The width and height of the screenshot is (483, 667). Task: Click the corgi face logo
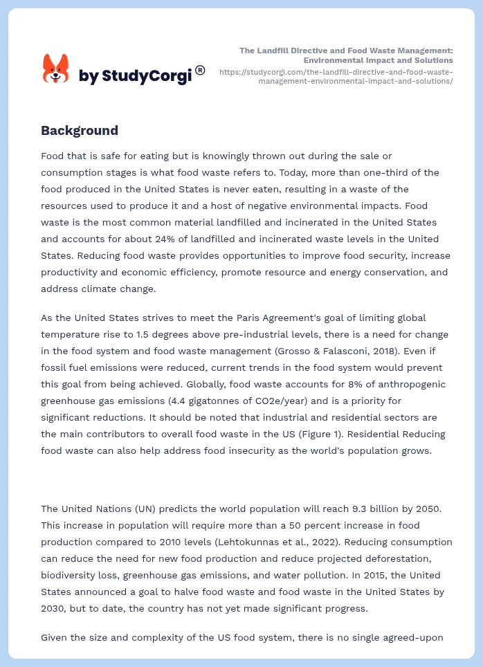tap(56, 68)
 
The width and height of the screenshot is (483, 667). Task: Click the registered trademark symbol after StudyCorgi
tap(200, 70)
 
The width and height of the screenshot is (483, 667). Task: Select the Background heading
tap(80, 130)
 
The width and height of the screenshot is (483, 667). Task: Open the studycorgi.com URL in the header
tap(336, 76)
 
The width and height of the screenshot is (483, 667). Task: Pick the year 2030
tap(54, 608)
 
